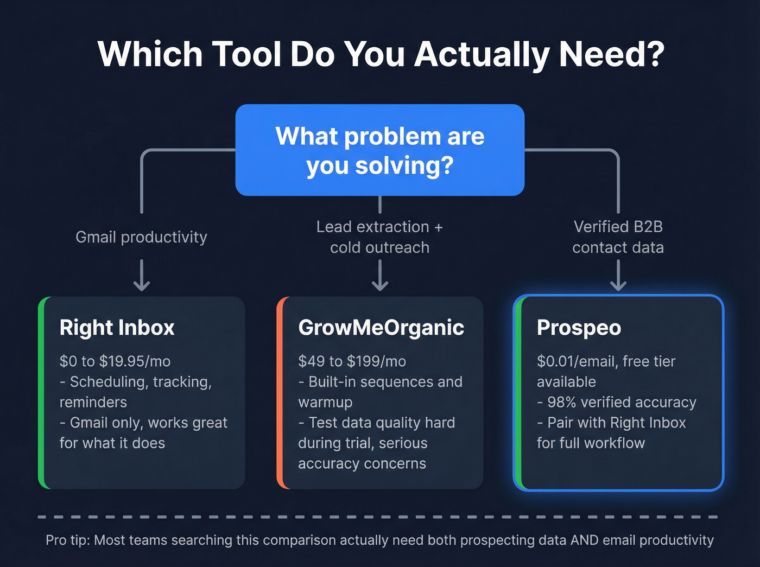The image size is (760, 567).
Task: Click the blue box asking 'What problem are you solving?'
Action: [x=379, y=150]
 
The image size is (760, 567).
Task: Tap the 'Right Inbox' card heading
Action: [x=117, y=328]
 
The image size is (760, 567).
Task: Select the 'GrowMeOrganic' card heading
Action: [x=381, y=328]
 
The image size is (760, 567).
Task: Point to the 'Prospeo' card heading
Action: [x=579, y=328]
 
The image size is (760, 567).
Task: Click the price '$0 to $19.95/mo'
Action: [x=115, y=361]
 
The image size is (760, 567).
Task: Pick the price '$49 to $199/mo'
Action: [x=352, y=361]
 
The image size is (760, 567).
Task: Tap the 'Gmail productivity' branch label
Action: [x=141, y=237]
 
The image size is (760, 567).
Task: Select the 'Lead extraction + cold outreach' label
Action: [x=379, y=237]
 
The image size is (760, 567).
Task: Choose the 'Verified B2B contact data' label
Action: [x=618, y=237]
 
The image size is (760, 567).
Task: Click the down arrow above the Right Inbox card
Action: [x=142, y=276]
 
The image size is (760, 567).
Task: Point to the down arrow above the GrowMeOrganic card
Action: [x=379, y=276]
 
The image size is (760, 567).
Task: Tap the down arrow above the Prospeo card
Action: [x=618, y=276]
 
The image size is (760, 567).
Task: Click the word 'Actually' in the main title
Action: [x=482, y=54]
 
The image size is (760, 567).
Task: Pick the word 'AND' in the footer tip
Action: [x=584, y=540]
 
